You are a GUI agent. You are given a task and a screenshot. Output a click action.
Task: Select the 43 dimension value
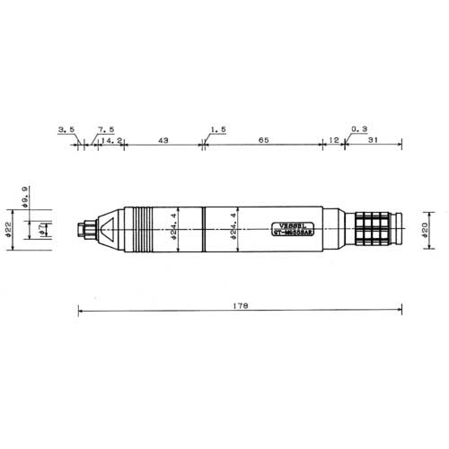164,142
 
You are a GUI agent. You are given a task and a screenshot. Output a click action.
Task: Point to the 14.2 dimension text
112,142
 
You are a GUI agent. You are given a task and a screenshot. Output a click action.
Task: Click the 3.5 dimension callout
66,130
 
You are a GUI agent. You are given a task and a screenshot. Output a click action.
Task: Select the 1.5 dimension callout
216,130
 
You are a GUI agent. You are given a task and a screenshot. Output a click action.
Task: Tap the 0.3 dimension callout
359,130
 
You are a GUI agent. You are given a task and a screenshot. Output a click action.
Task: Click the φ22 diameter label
7,231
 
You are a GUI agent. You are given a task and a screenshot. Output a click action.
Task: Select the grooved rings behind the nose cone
138,231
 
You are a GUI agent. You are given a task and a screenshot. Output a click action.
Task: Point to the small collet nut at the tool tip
85,231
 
